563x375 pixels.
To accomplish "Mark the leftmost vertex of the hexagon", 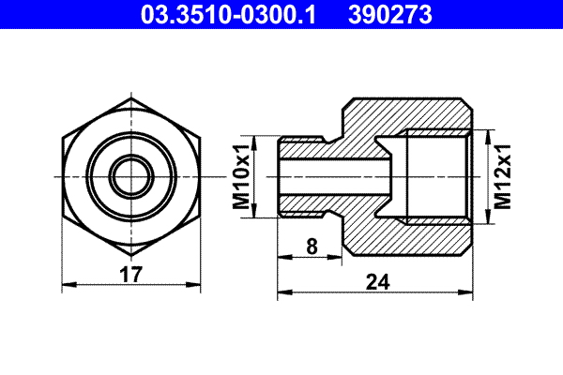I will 59,175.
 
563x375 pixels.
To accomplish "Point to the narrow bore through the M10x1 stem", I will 333,175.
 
